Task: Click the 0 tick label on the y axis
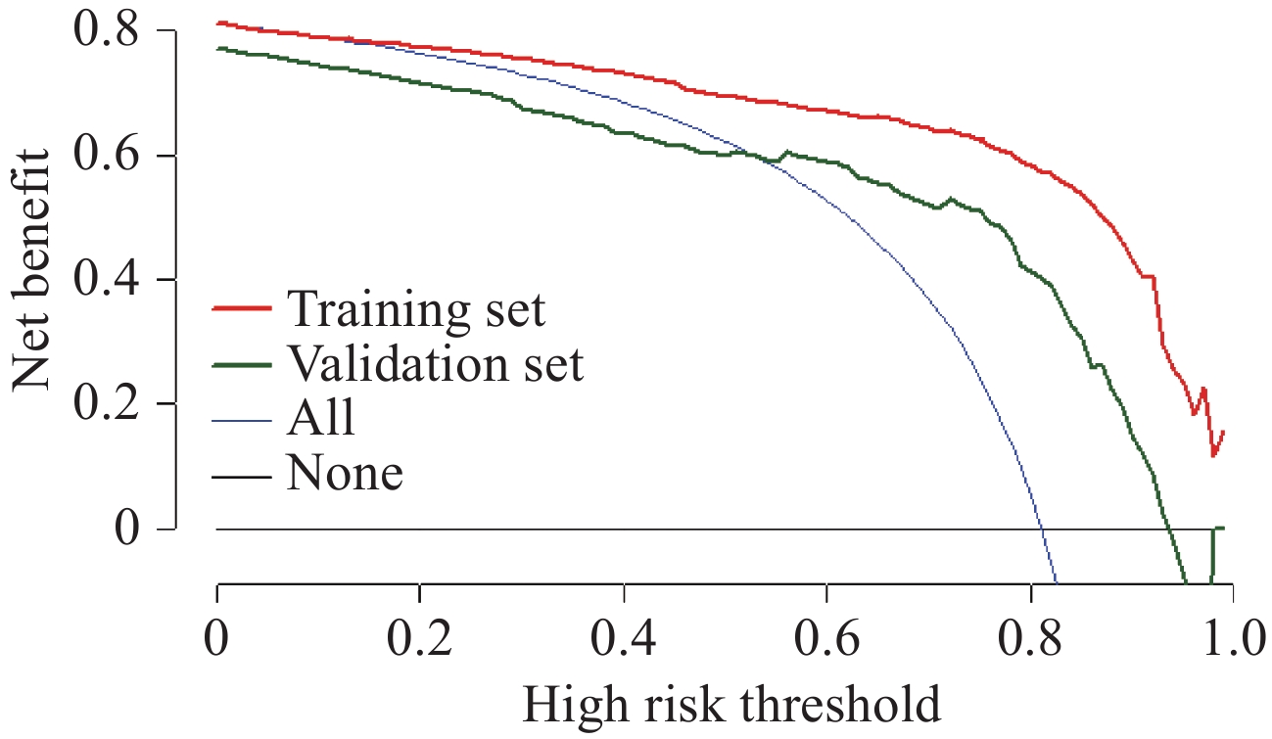(124, 529)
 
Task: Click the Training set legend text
(415, 309)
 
